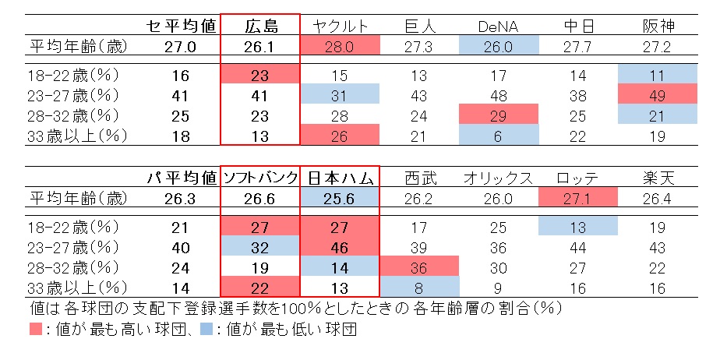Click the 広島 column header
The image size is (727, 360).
[260, 26]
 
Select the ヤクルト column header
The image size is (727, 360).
[340, 26]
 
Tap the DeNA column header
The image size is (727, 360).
[499, 26]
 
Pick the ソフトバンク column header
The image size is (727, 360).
[260, 178]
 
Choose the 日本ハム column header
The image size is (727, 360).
[340, 178]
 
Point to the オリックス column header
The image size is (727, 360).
[499, 178]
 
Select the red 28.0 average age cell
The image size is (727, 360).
[340, 46]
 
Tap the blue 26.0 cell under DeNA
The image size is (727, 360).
[499, 46]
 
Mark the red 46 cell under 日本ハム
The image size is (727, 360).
[340, 248]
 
